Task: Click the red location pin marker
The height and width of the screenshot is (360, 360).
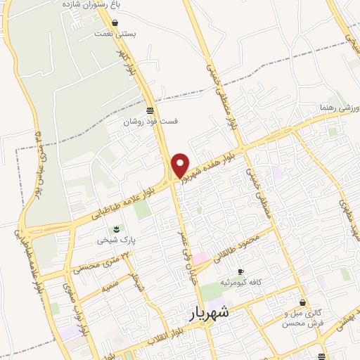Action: click(181, 165)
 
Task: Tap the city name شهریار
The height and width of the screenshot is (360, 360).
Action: click(210, 313)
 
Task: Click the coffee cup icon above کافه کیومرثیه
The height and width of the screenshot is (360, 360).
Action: click(240, 271)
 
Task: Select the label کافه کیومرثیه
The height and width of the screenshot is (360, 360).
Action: click(241, 282)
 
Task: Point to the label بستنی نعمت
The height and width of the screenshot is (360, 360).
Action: click(116, 34)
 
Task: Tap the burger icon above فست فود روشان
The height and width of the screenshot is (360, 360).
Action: click(150, 110)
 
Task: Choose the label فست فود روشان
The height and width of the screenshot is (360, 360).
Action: click(150, 122)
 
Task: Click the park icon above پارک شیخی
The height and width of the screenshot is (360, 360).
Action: click(117, 229)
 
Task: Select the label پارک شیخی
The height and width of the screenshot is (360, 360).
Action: click(117, 240)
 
